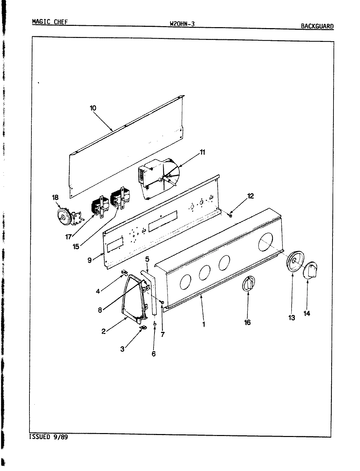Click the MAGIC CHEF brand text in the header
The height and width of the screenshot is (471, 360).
click(x=50, y=22)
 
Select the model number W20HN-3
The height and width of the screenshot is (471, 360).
click(x=182, y=24)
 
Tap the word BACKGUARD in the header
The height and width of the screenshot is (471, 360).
click(x=317, y=26)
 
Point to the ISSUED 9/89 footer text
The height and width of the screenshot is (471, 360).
click(x=48, y=437)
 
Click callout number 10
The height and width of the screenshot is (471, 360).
click(x=93, y=108)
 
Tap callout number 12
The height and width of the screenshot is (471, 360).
click(x=250, y=196)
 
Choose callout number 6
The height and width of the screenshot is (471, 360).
click(x=154, y=354)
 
